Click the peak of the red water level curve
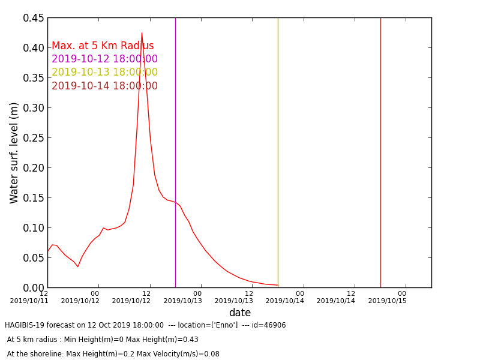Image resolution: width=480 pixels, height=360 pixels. click(142, 33)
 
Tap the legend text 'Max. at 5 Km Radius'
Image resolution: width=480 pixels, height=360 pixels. click(103, 46)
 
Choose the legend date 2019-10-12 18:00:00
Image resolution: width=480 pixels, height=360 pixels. click(104, 59)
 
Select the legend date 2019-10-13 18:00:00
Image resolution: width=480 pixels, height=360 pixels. click(104, 73)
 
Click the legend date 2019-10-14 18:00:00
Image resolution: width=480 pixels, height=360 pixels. click(104, 86)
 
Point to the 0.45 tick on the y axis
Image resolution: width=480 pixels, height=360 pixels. click(34, 18)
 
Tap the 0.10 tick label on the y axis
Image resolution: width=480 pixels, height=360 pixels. click(34, 228)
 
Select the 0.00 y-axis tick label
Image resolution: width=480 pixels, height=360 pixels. click(34, 288)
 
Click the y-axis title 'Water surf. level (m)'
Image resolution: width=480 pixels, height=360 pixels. click(14, 152)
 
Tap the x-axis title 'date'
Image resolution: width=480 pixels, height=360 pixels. click(239, 313)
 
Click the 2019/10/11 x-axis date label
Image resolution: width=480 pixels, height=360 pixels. click(29, 301)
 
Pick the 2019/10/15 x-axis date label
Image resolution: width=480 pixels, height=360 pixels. click(387, 301)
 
